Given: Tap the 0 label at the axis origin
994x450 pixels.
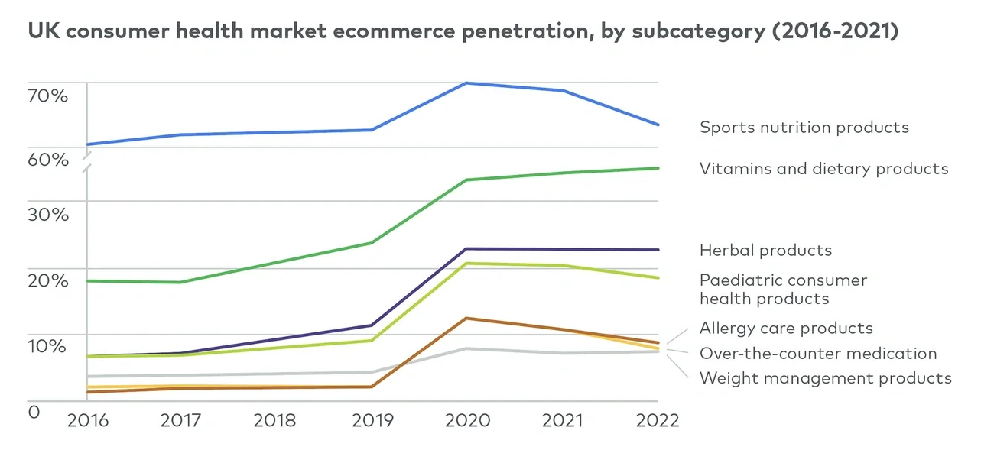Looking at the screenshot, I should (34, 413).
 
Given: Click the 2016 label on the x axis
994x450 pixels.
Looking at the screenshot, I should (87, 421).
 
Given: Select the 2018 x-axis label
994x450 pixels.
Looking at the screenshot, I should (275, 421).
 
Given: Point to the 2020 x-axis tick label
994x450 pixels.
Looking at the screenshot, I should (467, 421).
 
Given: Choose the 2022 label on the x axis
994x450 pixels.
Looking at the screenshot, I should (657, 421).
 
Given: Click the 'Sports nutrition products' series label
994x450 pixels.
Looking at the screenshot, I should (804, 128).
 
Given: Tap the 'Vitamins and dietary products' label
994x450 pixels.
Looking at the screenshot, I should (823, 169).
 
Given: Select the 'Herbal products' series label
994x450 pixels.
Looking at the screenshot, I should (765, 251).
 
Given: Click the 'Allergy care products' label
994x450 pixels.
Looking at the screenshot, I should (786, 329).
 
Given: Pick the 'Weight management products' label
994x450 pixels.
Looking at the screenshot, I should (825, 378).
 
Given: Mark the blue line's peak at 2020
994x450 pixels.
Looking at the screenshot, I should (467, 83).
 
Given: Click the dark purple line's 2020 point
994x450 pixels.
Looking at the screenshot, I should (467, 248).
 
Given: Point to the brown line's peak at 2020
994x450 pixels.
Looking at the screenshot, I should (467, 318).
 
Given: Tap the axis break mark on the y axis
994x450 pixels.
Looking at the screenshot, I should (87, 161).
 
